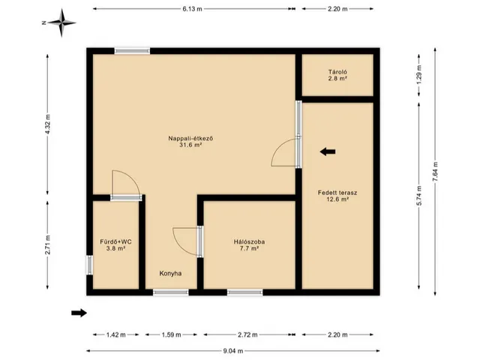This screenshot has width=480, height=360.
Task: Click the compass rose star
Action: [61, 22]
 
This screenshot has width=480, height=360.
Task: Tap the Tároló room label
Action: [337, 75]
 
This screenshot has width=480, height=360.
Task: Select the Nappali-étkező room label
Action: [190, 142]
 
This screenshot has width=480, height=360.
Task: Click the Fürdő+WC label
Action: [115, 245]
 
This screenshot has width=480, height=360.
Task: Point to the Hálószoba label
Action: [249, 245]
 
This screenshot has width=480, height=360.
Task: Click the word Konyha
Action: [170, 273]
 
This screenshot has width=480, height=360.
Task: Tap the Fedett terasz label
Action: [337, 196]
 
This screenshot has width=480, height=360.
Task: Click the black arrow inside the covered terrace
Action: [328, 151]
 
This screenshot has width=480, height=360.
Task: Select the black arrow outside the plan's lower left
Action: [79, 313]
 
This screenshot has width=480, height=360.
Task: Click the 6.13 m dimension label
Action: [192, 9]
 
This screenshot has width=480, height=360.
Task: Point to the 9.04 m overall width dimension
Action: [233, 351]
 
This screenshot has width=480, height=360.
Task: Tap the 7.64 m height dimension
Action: [435, 172]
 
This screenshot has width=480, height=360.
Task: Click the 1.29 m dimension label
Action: [419, 75]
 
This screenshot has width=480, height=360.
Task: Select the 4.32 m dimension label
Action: [47, 124]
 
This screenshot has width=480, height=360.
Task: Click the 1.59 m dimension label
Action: [171, 334]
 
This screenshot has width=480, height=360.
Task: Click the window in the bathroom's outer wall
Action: [89, 265]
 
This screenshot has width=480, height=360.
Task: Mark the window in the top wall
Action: [132, 51]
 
